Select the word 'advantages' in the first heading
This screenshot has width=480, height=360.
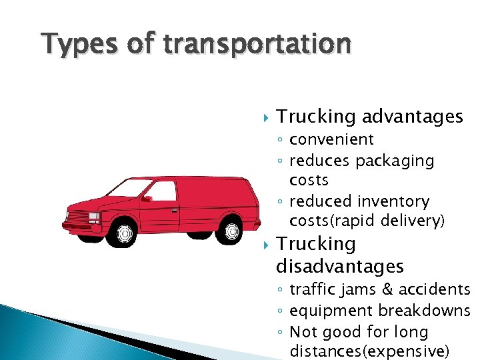[x=412, y=117]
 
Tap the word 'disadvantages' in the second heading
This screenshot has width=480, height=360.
[x=340, y=267]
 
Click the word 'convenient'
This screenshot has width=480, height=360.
[x=331, y=139]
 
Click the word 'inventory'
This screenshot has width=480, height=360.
[x=393, y=201]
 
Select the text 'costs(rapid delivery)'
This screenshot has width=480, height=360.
[x=367, y=221]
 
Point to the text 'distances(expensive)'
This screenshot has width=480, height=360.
[x=370, y=351]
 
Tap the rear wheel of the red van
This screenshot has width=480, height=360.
[x=231, y=231]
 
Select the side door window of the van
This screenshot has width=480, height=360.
[x=161, y=191]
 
